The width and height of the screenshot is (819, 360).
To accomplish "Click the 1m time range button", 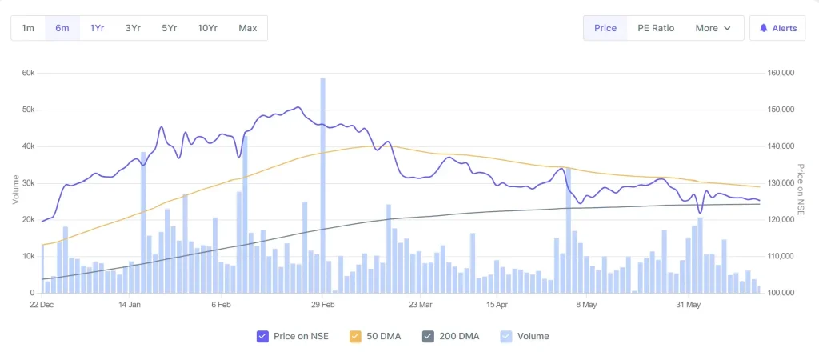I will [x=28, y=28].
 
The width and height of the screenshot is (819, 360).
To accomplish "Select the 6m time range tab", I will [x=62, y=28].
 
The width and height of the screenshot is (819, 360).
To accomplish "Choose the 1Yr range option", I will [x=98, y=28].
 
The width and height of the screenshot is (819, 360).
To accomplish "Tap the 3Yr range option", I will [x=133, y=28].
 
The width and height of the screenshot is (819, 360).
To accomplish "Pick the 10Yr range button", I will [x=208, y=28].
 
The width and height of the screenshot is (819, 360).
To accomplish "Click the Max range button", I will [x=248, y=28].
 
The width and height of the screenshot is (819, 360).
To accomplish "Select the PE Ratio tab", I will [x=656, y=28].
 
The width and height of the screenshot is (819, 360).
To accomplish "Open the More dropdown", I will [x=713, y=28].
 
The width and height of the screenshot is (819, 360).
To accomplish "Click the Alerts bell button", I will [x=777, y=28].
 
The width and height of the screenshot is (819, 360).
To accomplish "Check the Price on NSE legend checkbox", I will [x=262, y=336].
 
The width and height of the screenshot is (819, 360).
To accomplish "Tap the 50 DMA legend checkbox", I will [x=357, y=336].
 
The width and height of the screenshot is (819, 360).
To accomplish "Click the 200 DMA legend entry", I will [x=451, y=336].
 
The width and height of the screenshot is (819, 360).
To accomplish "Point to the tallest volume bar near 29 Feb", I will [x=322, y=184].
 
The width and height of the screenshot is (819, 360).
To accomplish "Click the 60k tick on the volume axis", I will [x=27, y=73].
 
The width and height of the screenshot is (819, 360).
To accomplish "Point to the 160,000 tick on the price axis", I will [x=780, y=73].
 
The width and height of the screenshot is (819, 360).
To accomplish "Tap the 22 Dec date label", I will [x=42, y=305].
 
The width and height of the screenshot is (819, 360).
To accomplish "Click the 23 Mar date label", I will [x=420, y=305].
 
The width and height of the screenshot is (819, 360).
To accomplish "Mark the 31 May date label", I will [x=688, y=305].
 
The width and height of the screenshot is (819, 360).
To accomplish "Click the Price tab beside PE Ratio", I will [x=605, y=28].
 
